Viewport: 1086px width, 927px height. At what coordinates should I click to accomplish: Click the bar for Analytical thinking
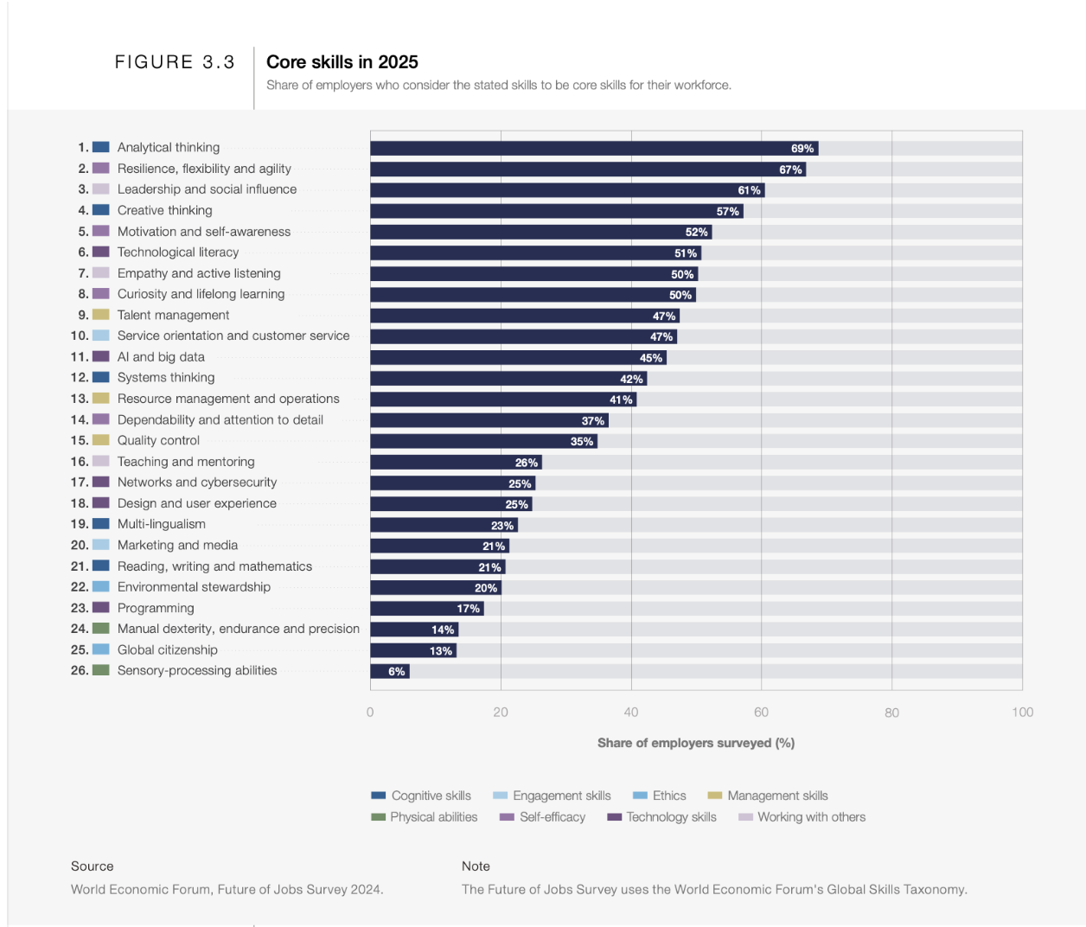pyautogui.click(x=593, y=148)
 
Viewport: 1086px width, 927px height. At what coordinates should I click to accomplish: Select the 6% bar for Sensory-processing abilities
pyautogui.click(x=389, y=671)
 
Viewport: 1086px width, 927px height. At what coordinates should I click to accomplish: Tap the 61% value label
pyautogui.click(x=749, y=190)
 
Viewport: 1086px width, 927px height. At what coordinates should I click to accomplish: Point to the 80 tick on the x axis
pyautogui.click(x=891, y=713)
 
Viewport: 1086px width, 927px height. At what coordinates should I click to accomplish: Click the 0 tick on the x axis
pyautogui.click(x=370, y=713)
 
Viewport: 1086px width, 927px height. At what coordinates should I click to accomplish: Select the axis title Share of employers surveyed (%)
pyautogui.click(x=695, y=743)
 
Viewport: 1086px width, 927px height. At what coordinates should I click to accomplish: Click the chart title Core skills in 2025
pyautogui.click(x=342, y=62)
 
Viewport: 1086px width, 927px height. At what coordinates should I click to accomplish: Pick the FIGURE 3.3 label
pyautogui.click(x=175, y=62)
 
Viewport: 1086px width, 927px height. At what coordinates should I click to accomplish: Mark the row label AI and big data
pyautogui.click(x=161, y=357)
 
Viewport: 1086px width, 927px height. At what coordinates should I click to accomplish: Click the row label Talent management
pyautogui.click(x=173, y=316)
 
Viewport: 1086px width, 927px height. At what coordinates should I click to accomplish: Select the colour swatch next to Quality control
pyautogui.click(x=101, y=440)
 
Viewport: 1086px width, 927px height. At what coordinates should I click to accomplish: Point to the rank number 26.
pyautogui.click(x=79, y=670)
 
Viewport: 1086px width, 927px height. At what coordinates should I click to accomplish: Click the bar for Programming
pyautogui.click(x=426, y=609)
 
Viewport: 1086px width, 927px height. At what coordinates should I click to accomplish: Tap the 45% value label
pyautogui.click(x=650, y=358)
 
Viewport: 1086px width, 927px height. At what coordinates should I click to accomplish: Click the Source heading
pyautogui.click(x=92, y=866)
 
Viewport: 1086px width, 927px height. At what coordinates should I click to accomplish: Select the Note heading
pyautogui.click(x=476, y=866)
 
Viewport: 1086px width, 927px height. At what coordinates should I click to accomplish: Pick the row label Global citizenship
pyautogui.click(x=167, y=650)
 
